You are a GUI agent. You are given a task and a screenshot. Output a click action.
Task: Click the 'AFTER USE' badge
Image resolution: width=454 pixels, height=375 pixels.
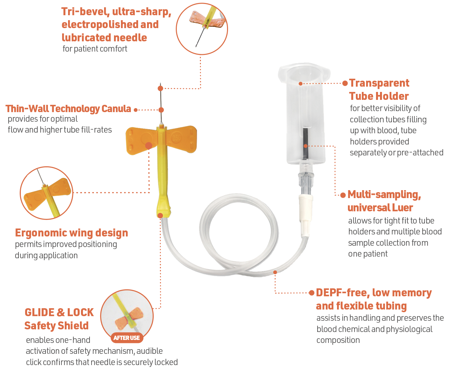127,338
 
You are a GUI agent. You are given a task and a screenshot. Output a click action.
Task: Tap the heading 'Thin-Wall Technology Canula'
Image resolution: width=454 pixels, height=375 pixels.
68,109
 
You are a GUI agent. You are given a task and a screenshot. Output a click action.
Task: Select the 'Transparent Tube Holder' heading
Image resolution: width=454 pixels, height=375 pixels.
379,90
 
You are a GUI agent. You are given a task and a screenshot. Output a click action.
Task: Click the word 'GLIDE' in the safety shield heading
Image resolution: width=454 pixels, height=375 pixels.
39,312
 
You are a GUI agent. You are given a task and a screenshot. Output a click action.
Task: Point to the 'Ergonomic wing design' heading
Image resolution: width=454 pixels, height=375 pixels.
71,233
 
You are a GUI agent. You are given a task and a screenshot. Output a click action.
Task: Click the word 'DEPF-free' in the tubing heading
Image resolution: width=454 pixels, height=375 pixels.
342,293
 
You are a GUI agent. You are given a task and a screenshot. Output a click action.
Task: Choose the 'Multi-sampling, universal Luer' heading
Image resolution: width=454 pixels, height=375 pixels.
384,201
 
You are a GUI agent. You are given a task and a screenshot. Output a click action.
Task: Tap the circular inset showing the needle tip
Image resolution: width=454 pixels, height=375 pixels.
202,29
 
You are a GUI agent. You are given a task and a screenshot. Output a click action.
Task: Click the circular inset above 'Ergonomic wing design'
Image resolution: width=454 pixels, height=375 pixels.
46,193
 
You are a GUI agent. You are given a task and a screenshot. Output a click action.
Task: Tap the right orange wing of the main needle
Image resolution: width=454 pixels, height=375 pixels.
182,139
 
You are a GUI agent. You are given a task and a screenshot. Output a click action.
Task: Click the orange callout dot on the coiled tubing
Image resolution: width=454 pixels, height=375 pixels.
275,272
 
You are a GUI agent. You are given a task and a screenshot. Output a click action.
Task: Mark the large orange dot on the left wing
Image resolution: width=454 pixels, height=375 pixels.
149,146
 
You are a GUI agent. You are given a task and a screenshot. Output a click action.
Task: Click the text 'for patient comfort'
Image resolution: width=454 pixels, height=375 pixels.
95,49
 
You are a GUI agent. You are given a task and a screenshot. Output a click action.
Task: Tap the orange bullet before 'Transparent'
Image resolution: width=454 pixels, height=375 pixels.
345,83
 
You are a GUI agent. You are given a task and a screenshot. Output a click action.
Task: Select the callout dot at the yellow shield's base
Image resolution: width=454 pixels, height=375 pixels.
160,216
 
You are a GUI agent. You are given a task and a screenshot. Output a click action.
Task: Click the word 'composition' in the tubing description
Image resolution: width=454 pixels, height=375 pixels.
338,340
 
